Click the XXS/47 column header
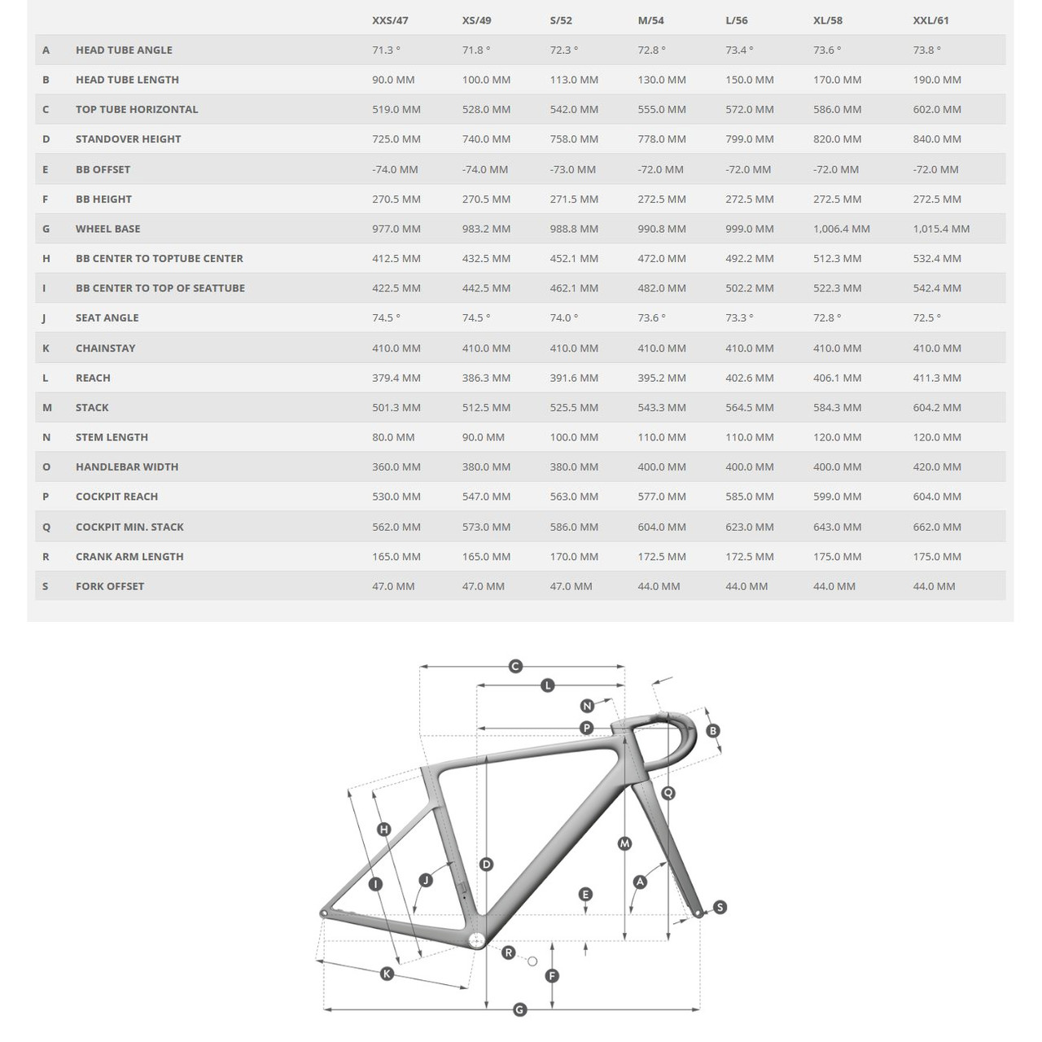(x=389, y=20)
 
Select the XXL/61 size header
(x=930, y=20)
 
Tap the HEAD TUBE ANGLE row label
(x=124, y=50)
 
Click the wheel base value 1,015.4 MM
(x=941, y=229)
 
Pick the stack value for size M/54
(x=661, y=407)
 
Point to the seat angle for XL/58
(x=827, y=317)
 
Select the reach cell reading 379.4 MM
(x=396, y=378)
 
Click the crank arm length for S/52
(x=574, y=556)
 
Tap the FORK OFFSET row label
(x=110, y=586)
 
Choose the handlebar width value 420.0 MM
(x=937, y=466)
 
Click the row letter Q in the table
(x=46, y=527)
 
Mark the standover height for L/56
(x=749, y=139)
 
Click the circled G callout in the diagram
(x=519, y=1010)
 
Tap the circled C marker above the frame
(x=514, y=667)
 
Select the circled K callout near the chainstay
(x=387, y=974)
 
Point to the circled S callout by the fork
(x=720, y=907)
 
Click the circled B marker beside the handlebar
(x=713, y=731)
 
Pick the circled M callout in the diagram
(x=624, y=843)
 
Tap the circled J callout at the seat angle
(x=425, y=880)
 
